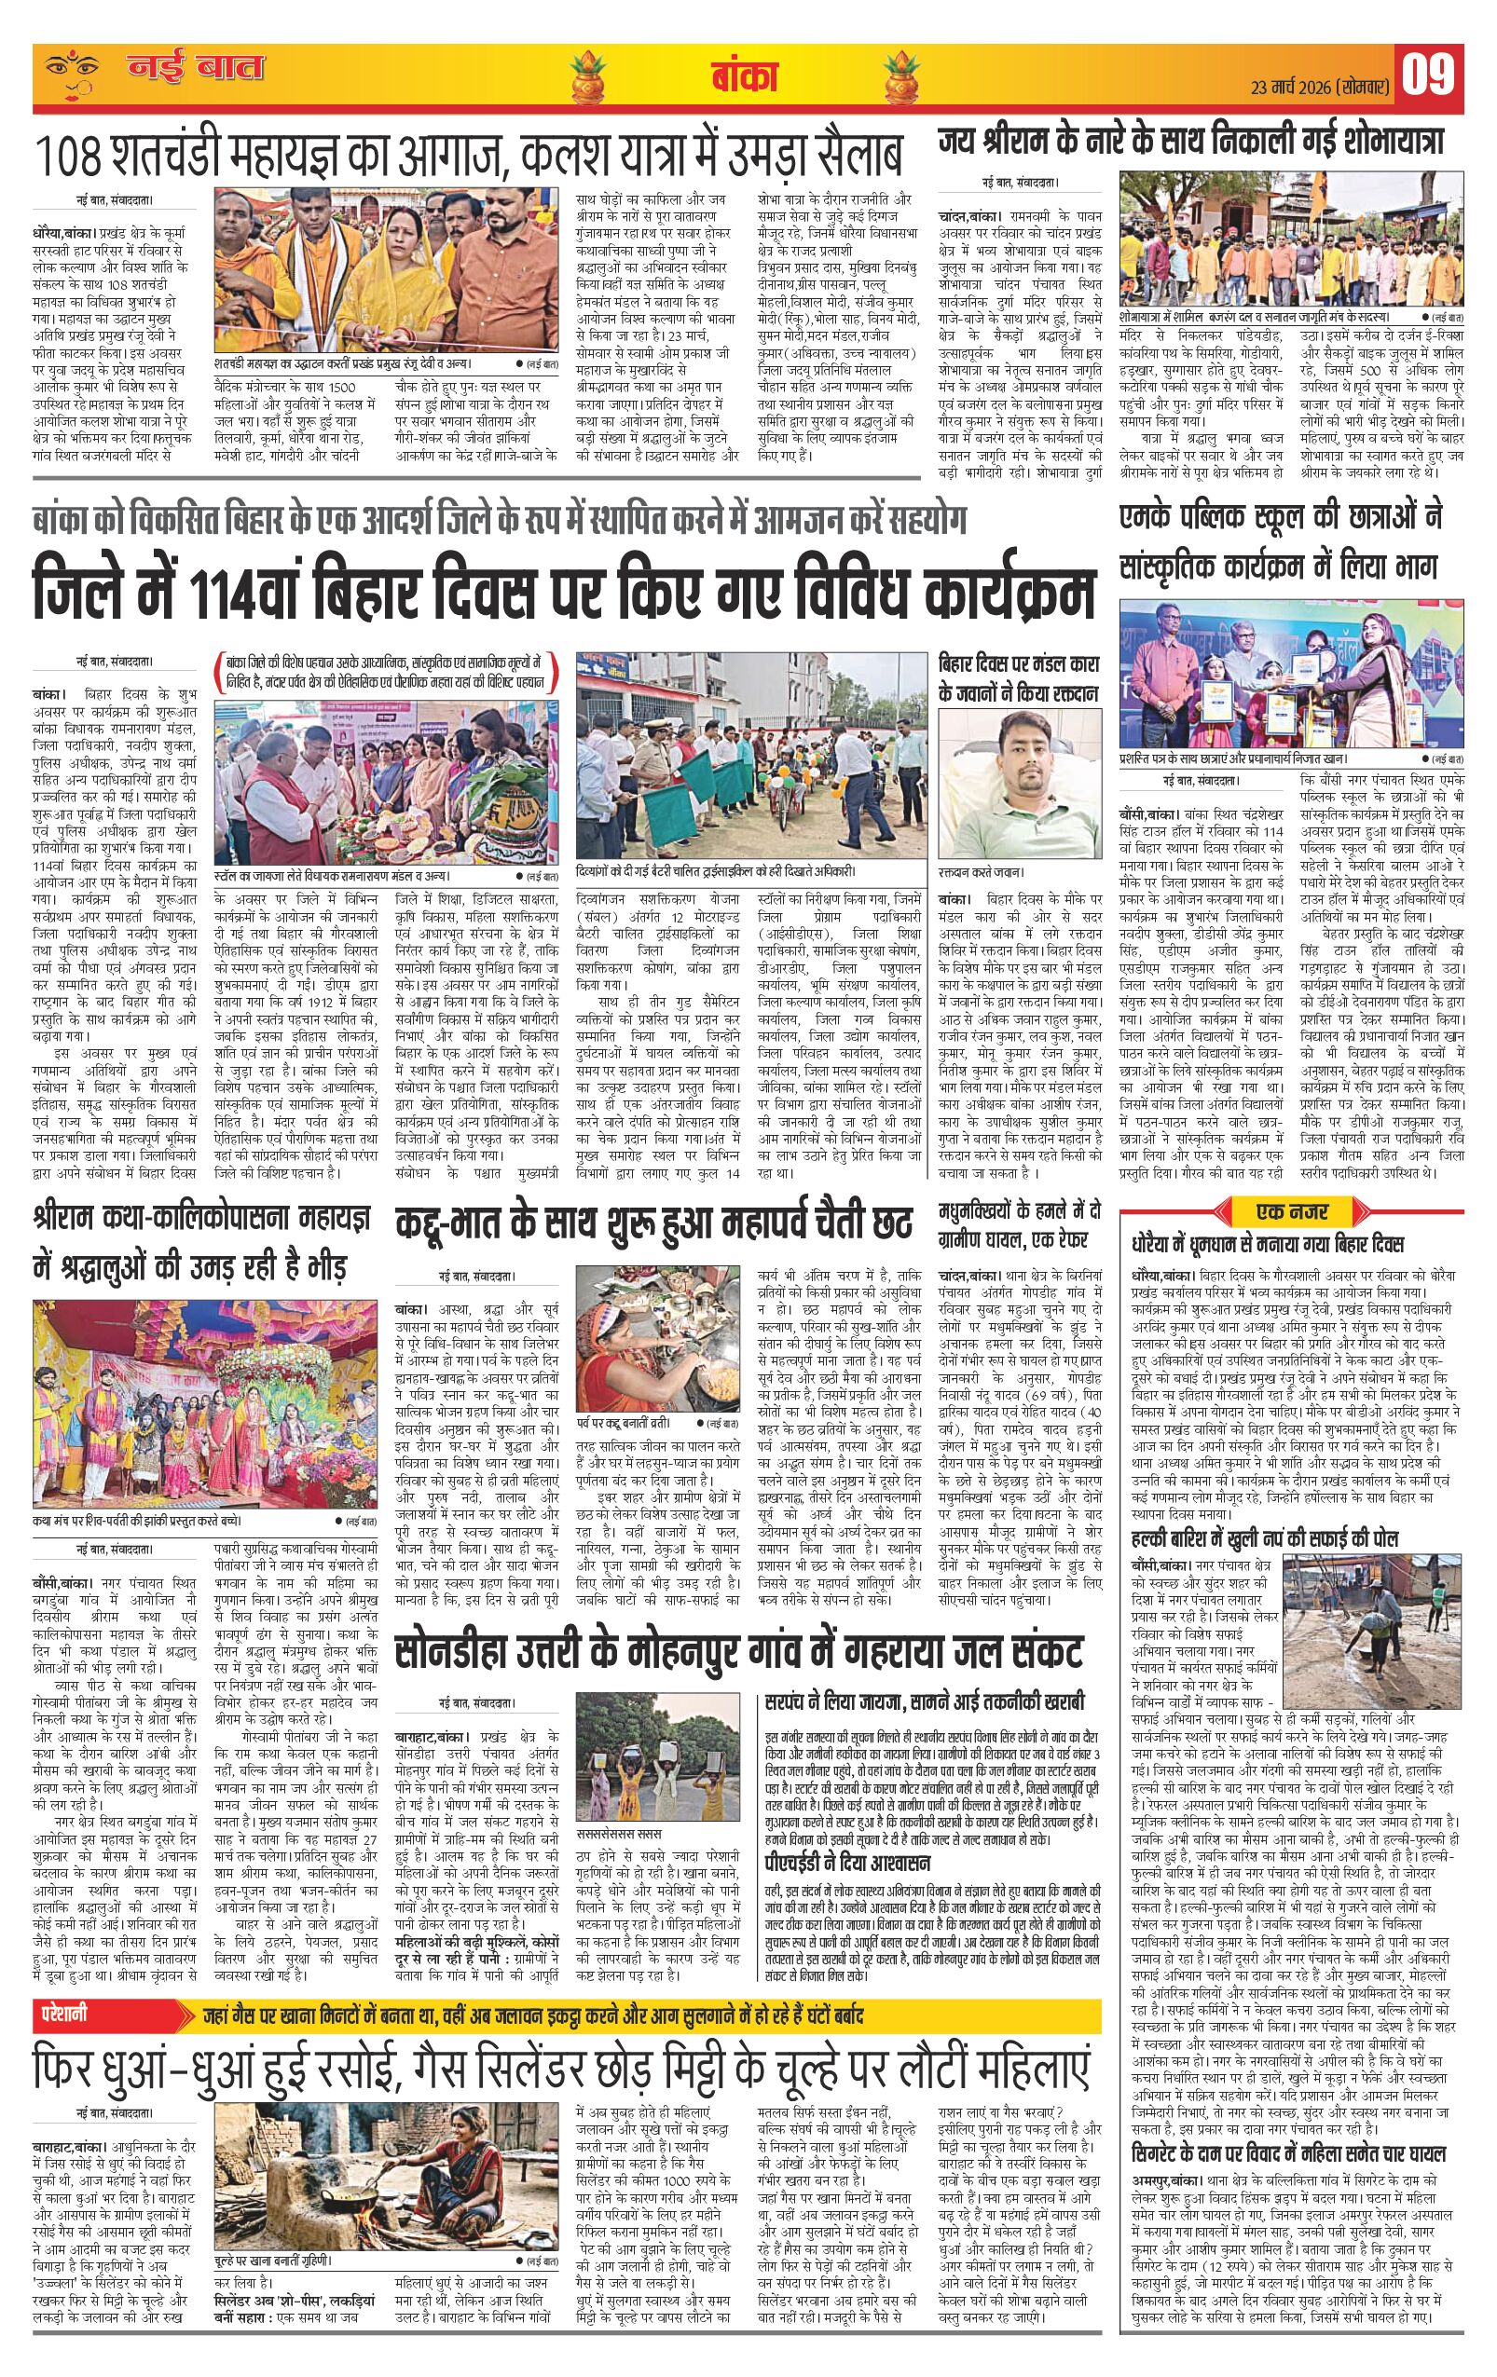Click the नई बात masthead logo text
click(194, 69)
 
